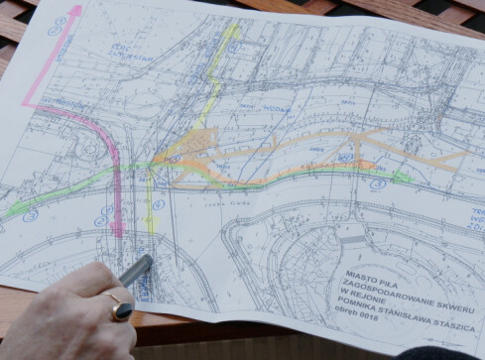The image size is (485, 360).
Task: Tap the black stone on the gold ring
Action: coord(122,311)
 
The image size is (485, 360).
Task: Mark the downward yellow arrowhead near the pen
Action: coord(152,228)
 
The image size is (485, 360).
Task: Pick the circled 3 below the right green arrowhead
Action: coord(379,184)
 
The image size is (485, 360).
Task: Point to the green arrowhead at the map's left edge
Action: coord(10,210)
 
